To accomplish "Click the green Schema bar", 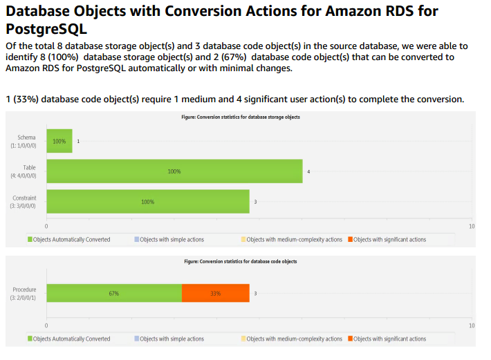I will pyautogui.click(x=59, y=141).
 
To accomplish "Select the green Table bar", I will pyautogui.click(x=174, y=171).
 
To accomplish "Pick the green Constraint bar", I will pyautogui.click(x=147, y=202).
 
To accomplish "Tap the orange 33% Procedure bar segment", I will pyautogui.click(x=215, y=293).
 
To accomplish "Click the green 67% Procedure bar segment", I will pyautogui.click(x=114, y=293).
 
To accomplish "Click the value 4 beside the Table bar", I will pyautogui.click(x=308, y=171).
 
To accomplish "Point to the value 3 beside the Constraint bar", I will pyautogui.click(x=255, y=202).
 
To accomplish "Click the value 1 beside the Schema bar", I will pyautogui.click(x=78, y=141).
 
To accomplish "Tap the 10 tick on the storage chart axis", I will pyautogui.click(x=472, y=227).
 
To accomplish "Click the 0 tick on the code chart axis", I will pyautogui.click(x=46, y=325).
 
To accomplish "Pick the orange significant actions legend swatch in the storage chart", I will pyautogui.click(x=351, y=240).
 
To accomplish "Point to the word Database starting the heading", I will pyautogui.click(x=43, y=11).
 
